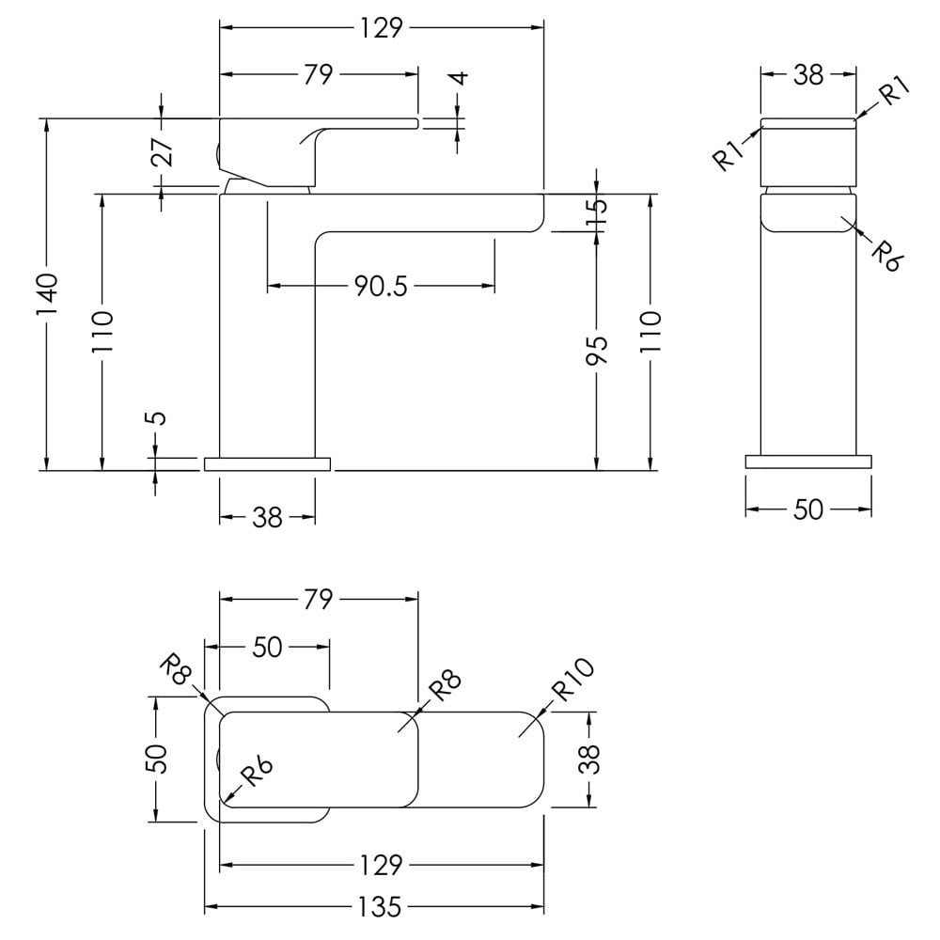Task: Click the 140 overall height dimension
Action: [48, 295]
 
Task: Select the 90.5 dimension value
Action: [381, 287]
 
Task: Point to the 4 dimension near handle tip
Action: [460, 79]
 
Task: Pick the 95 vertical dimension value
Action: [597, 350]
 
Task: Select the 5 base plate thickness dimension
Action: [156, 418]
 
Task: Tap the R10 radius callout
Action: [573, 680]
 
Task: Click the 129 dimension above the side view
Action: [381, 28]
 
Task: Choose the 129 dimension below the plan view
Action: [381, 865]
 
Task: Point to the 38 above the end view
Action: [808, 75]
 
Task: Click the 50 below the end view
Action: [808, 509]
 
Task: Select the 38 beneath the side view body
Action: [267, 517]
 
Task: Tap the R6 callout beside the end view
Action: [886, 256]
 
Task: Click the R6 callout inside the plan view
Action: [257, 773]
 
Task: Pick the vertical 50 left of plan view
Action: [157, 759]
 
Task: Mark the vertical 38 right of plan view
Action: [590, 759]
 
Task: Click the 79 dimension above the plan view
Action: [318, 599]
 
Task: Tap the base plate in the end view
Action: [808, 462]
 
